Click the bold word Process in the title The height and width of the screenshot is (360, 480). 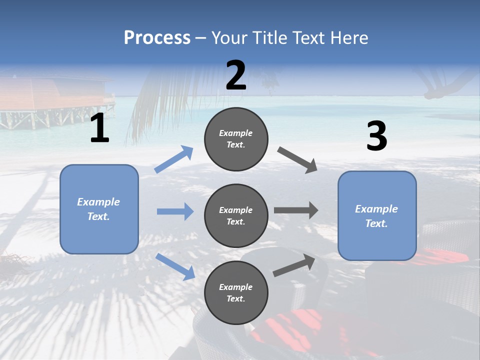point(157,37)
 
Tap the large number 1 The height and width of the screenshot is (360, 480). point(99,128)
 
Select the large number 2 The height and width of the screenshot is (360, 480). point(236,76)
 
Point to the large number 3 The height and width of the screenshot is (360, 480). point(376,136)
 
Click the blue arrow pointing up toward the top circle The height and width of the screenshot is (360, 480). point(173,159)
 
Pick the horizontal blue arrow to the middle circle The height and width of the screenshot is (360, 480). point(175,211)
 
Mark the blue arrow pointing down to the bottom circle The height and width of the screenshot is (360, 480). point(175,266)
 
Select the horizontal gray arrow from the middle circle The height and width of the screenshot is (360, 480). point(296,210)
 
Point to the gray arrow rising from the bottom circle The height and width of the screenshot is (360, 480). point(294,265)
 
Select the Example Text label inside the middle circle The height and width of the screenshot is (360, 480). point(236,215)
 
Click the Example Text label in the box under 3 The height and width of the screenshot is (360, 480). point(376,216)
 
